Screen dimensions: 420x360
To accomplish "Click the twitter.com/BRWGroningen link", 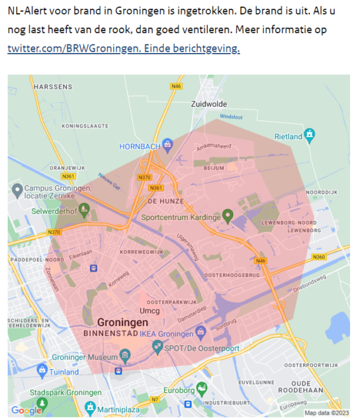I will click(124, 48).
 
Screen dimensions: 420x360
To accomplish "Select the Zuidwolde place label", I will click(208, 104).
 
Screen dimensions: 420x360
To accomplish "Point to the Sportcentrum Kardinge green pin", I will click(228, 215).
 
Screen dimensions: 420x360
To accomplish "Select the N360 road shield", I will click(319, 256).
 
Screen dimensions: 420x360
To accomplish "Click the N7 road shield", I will click(155, 399).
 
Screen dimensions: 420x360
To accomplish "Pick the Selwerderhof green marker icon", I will click(83, 212).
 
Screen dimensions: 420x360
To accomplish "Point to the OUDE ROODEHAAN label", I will click(310, 387).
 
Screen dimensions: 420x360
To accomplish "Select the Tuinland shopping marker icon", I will click(43, 372).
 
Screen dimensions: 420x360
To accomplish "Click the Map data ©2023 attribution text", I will click(327, 413).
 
